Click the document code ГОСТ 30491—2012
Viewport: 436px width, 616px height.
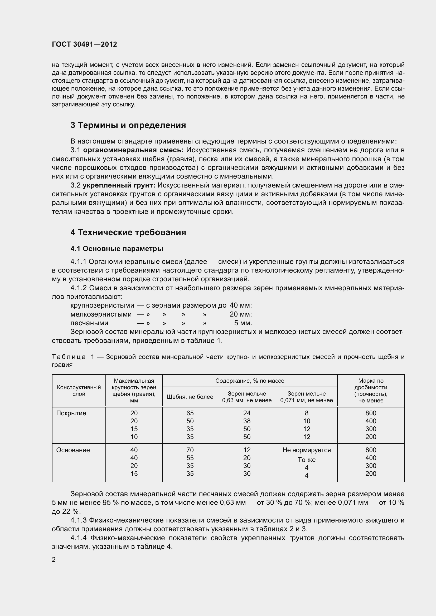(x=84, y=44)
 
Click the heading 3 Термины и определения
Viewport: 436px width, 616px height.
(x=128, y=125)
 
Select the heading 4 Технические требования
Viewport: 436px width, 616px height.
(x=128, y=232)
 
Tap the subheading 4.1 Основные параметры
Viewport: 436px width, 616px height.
(x=117, y=249)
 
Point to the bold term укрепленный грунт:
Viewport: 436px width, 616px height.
(x=119, y=185)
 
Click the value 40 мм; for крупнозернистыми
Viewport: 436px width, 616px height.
(x=241, y=305)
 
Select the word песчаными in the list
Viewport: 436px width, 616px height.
(x=89, y=323)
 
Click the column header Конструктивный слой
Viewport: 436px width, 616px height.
(x=79, y=390)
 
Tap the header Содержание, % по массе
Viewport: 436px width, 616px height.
(x=250, y=381)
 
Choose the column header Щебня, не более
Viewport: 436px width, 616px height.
(x=190, y=397)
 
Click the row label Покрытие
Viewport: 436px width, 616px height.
(x=71, y=413)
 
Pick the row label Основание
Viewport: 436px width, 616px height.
(x=73, y=450)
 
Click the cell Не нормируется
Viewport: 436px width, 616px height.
(x=307, y=450)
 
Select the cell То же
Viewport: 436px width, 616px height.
(x=307, y=460)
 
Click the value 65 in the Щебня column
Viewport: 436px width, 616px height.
(x=190, y=413)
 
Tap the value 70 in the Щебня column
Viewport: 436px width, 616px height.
(x=190, y=450)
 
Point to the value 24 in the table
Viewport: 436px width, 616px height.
(x=247, y=413)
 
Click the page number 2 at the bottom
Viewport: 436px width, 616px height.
(x=54, y=559)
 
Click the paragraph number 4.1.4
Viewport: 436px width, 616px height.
(x=79, y=538)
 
